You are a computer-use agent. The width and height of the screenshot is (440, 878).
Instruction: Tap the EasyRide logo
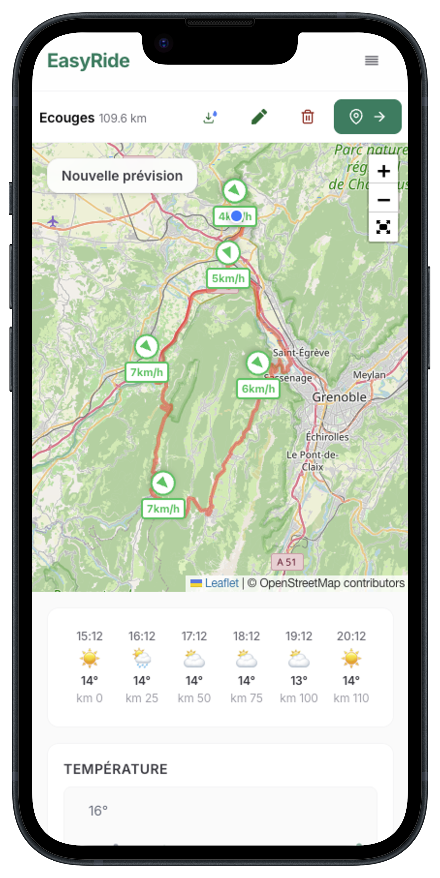[x=89, y=61]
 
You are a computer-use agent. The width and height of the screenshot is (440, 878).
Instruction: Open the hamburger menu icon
[x=371, y=61]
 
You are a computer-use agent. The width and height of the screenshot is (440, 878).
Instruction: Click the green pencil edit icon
[x=259, y=117]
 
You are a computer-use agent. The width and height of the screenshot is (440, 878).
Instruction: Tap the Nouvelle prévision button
[x=122, y=176]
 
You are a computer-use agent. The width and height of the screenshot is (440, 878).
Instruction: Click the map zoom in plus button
[x=383, y=171]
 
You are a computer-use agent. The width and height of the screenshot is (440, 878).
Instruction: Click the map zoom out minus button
[x=383, y=200]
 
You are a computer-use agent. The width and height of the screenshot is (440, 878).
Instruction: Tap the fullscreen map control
[x=383, y=227]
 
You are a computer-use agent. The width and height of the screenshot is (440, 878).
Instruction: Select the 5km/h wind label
[x=228, y=278]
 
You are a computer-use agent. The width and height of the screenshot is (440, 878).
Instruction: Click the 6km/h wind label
[x=258, y=389]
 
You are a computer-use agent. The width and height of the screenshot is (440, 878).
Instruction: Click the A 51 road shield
[x=287, y=562]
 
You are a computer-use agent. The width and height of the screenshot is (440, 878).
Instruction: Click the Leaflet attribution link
[x=221, y=583]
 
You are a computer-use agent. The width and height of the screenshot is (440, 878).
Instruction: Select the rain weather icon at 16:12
[x=142, y=658]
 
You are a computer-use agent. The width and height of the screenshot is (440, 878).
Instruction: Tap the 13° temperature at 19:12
[x=299, y=681]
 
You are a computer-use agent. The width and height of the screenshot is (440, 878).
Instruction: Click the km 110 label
[x=351, y=698]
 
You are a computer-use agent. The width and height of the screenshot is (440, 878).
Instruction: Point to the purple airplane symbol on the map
[x=53, y=221]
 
